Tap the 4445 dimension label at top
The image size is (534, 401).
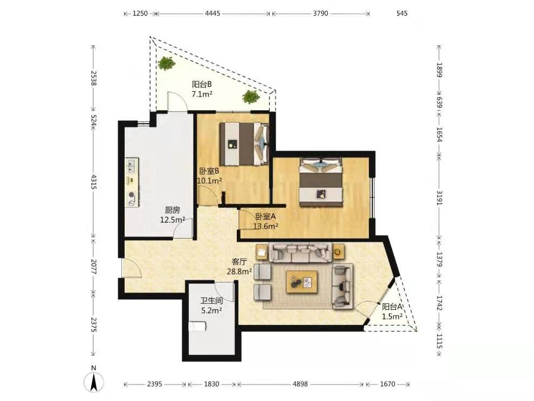[x=213, y=13]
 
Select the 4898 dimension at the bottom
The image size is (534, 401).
[x=300, y=384]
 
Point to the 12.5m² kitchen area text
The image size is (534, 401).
[x=172, y=220]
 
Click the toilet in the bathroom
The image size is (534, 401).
[x=197, y=326]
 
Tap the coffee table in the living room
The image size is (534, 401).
[x=302, y=282]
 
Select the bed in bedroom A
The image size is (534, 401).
[x=320, y=182]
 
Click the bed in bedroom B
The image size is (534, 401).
[x=244, y=144]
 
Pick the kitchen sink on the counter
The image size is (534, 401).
[x=132, y=166]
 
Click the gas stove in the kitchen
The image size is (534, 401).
[x=132, y=199]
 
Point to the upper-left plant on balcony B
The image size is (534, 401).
[x=166, y=63]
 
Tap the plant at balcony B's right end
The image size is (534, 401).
[x=251, y=97]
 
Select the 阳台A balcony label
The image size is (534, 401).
[x=392, y=307]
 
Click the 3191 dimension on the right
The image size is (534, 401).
[x=439, y=198]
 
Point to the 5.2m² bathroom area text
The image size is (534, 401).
[x=211, y=310]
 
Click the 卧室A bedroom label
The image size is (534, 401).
[x=265, y=216]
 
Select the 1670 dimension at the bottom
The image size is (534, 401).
[x=388, y=384]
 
